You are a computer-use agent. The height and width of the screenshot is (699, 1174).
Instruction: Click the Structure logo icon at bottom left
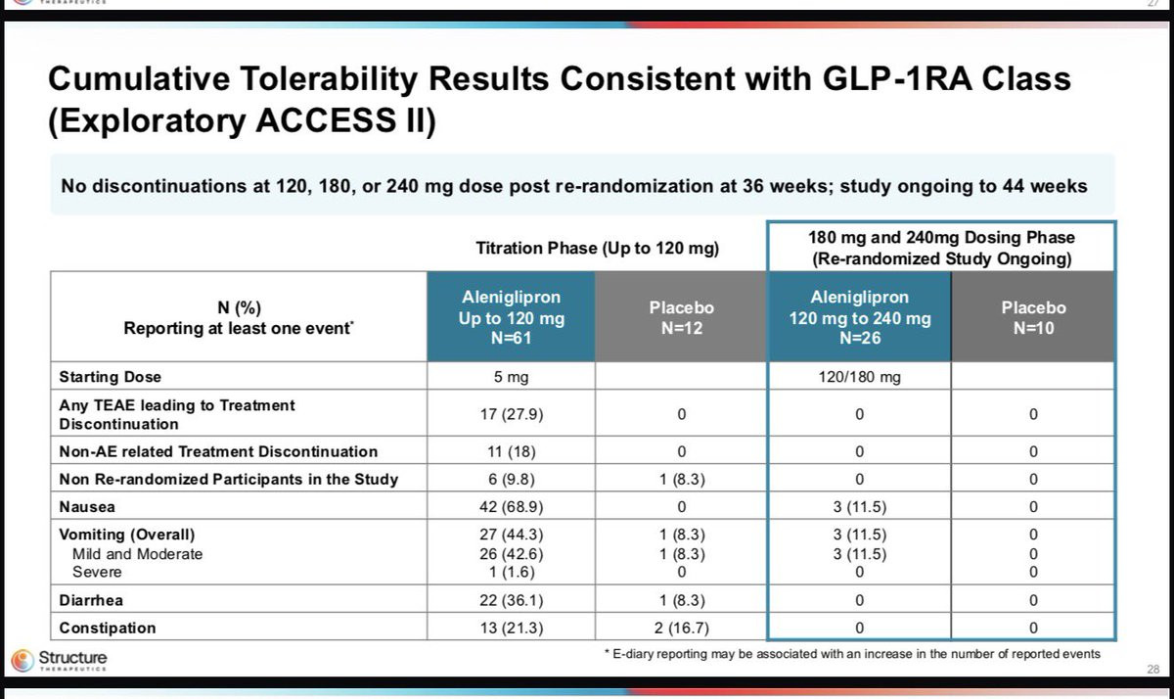23,660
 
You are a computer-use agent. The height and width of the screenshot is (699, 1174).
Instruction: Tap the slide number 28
1153,669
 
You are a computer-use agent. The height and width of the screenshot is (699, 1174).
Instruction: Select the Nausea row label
87,507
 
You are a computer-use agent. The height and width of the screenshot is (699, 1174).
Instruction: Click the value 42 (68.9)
511,507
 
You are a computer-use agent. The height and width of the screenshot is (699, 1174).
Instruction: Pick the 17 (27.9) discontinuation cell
511,414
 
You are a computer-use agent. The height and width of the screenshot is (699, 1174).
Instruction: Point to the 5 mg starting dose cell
511,377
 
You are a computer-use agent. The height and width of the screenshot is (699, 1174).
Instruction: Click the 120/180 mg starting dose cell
860,377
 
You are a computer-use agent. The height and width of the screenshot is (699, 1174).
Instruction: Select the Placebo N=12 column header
681,317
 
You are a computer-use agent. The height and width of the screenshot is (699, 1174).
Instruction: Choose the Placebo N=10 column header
1033,317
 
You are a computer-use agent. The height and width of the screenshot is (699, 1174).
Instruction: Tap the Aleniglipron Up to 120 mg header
511,317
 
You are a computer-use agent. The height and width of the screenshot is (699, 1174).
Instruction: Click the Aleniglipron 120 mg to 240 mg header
860,317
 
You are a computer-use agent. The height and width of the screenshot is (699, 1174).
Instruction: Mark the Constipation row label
108,628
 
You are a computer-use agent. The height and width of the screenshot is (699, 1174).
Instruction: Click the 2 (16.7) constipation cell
681,628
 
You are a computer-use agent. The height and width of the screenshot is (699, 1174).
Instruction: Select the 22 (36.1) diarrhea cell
511,600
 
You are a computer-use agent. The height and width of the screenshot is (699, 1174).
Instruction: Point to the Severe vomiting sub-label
97,572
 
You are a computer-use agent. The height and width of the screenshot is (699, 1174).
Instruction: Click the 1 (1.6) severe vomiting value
512,572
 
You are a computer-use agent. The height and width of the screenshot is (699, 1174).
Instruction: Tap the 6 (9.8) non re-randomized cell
511,480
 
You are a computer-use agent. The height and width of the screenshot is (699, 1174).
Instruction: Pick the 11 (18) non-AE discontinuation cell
511,451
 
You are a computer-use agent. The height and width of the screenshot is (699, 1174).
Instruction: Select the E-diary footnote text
852,654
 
